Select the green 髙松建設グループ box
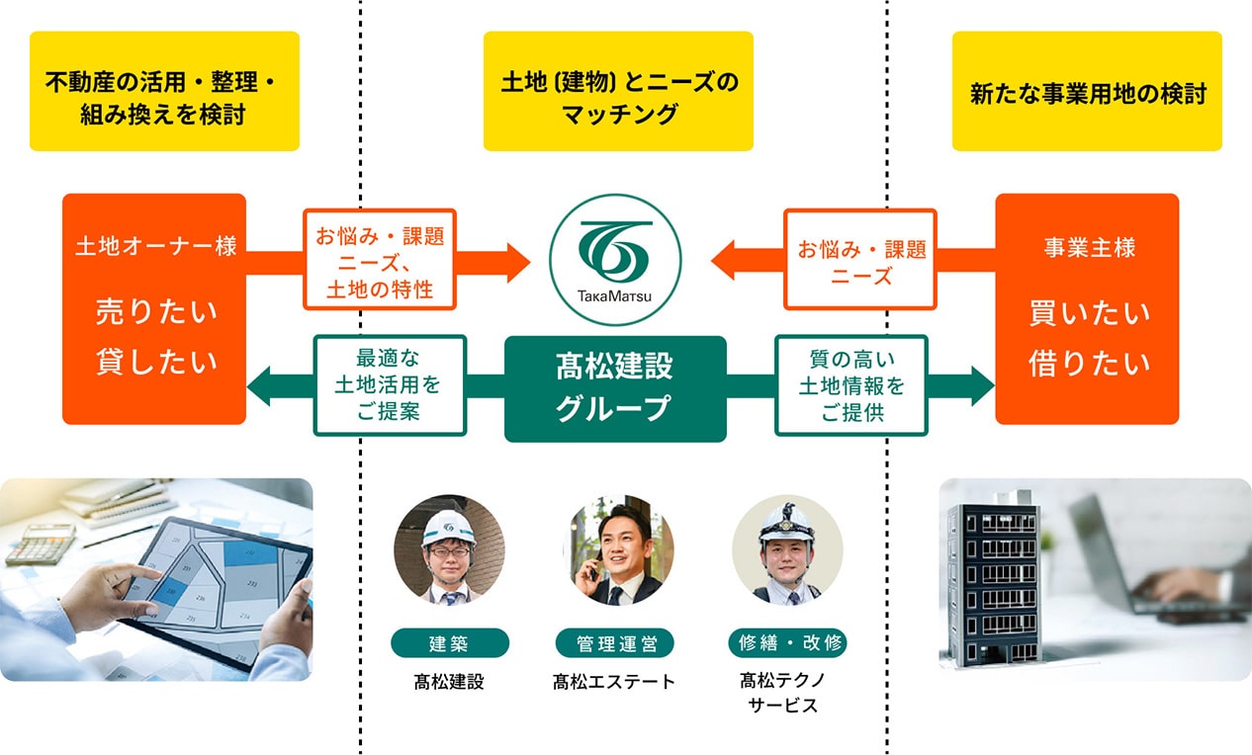coord(615,388)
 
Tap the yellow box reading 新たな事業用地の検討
coord(1087,92)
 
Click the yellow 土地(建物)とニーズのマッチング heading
coord(618,92)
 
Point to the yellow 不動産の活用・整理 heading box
coord(164,92)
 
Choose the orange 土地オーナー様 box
coord(154,308)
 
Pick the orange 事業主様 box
coord(1087,308)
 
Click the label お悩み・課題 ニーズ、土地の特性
coord(380,259)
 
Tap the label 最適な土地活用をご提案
coord(389,385)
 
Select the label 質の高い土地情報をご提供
coord(851,385)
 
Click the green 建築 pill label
coord(450,643)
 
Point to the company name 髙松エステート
coord(614,681)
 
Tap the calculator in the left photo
coord(41,544)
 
